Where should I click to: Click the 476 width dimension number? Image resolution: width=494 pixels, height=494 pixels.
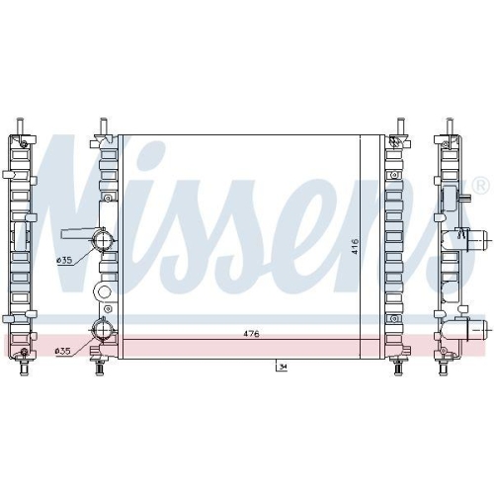(x=251, y=335)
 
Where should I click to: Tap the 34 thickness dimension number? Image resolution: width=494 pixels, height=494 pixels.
(x=283, y=368)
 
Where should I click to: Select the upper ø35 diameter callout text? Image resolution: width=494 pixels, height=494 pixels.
(x=63, y=260)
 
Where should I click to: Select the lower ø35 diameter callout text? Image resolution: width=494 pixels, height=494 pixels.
(x=63, y=351)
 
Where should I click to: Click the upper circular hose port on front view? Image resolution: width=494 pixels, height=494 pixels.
(x=102, y=241)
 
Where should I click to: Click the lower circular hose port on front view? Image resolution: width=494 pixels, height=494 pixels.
(x=101, y=331)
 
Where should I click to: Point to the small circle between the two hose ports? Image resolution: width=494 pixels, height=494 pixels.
(x=101, y=293)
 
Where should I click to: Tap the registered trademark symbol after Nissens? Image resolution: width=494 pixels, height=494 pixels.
(x=480, y=187)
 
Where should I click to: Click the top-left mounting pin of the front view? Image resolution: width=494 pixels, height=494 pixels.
(x=103, y=125)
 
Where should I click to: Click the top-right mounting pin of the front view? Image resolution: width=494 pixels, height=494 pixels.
(x=399, y=125)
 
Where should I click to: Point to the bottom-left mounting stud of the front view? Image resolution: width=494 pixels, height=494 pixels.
(x=99, y=370)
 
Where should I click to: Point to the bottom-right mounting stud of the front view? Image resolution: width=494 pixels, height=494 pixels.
(x=398, y=370)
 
